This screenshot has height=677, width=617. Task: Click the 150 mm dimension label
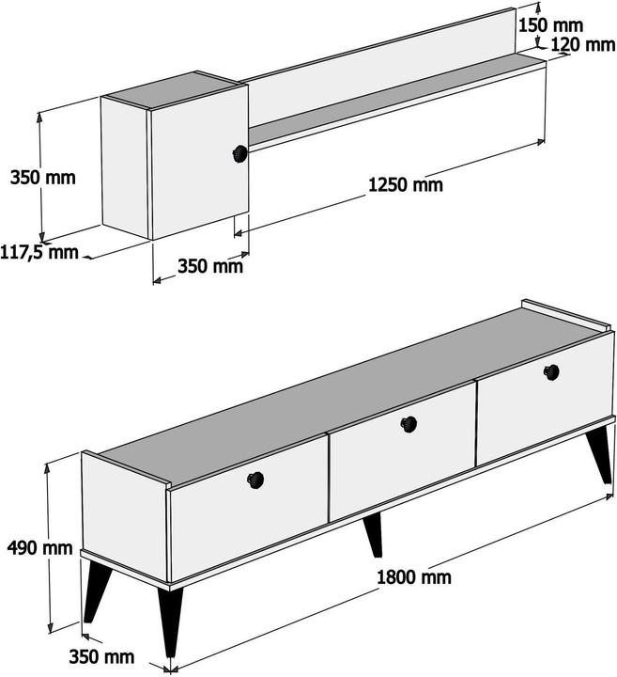point(550,26)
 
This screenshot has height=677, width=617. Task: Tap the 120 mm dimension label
point(583,44)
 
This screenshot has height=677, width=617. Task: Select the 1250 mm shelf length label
point(406,185)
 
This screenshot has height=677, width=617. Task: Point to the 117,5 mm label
point(39,252)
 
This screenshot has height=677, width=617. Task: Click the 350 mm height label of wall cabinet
point(42,178)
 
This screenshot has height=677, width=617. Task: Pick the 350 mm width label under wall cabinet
point(210,266)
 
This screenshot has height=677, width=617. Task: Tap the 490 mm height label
point(39,548)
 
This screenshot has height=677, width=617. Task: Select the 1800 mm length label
point(414,577)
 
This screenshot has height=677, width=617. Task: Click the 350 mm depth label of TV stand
point(101,656)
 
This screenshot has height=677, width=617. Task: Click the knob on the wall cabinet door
point(240,153)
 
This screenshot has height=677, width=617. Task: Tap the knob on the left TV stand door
point(255,480)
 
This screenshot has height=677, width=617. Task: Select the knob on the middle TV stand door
point(409,424)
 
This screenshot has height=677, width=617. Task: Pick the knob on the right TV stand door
point(551,372)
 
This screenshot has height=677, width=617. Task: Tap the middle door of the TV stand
point(402,451)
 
